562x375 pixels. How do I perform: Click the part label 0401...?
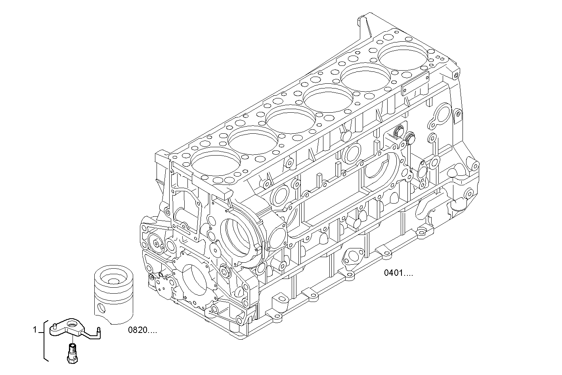(x=398, y=273)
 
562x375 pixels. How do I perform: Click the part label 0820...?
(x=142, y=330)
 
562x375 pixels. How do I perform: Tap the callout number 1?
(x=35, y=330)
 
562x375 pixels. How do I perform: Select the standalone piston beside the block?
(x=113, y=294)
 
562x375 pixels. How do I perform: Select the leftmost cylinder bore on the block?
(x=215, y=162)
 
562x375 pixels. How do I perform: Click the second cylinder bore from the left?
(x=253, y=140)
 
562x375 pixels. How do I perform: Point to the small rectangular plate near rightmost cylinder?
(x=415, y=85)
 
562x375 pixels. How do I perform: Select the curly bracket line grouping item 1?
(x=45, y=341)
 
